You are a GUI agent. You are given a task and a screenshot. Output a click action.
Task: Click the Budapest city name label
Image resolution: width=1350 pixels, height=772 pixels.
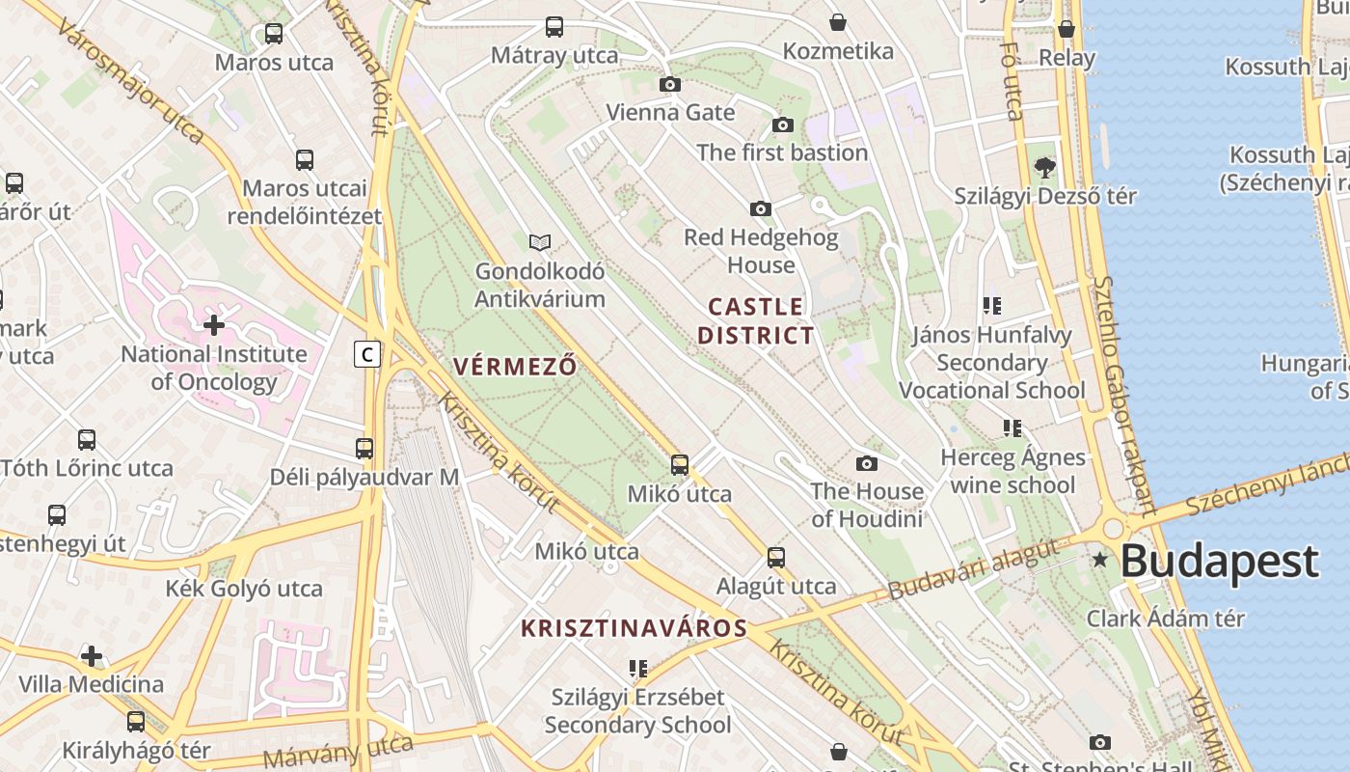coord(1220,561)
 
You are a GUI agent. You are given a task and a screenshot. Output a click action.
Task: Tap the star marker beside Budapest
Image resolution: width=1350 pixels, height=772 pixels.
coord(1099,560)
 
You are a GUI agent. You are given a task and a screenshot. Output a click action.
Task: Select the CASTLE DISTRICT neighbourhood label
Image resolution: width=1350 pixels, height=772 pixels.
coord(756,321)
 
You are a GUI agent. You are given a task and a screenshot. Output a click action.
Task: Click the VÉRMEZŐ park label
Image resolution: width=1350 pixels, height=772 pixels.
coord(515,367)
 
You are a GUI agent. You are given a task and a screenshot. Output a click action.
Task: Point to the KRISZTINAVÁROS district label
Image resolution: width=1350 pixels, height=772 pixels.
coord(634,629)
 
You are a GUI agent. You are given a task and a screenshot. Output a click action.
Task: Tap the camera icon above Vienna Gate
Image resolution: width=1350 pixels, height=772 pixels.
coord(669,85)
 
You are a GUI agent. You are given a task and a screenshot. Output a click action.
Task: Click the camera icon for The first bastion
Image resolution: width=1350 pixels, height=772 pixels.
coord(782,125)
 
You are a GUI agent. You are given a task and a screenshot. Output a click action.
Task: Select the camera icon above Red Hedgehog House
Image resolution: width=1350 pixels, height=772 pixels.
coord(761,209)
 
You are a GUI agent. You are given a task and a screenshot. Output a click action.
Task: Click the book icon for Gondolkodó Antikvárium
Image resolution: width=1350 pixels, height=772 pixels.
coord(540,243)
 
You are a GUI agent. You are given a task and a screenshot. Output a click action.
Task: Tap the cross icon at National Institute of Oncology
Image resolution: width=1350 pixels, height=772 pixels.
coord(214,325)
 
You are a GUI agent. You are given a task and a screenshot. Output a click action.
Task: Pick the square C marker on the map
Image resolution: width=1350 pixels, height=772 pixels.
coord(366,355)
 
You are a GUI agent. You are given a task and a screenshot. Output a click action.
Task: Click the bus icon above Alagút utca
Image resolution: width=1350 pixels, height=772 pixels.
coord(776,558)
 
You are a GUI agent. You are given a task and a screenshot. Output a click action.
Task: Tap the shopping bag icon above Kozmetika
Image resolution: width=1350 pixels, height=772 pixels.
coord(838,22)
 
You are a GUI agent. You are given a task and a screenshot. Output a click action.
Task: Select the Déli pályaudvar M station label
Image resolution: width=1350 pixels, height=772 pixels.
coord(364,477)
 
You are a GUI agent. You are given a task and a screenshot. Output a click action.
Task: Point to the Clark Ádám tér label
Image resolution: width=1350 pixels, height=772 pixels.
coord(1166,619)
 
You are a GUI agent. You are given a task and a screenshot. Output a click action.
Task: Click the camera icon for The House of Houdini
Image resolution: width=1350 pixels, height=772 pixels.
coord(867,464)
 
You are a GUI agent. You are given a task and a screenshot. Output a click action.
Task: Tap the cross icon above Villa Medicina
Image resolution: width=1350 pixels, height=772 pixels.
coord(92,657)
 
